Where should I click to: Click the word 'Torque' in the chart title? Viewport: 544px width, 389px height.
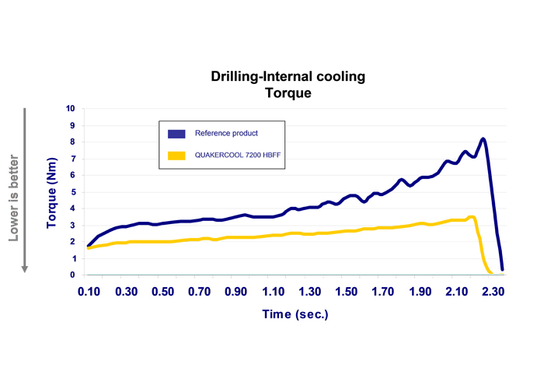tap(288, 93)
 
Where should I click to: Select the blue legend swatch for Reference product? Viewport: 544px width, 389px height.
tap(175, 133)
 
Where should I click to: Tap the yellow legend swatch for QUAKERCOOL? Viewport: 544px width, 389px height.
tap(175, 156)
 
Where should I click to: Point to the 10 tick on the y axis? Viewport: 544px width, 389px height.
tap(71, 109)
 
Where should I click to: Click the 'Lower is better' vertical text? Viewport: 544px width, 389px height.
tap(13, 192)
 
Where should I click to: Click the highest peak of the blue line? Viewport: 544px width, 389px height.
tap(483, 139)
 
